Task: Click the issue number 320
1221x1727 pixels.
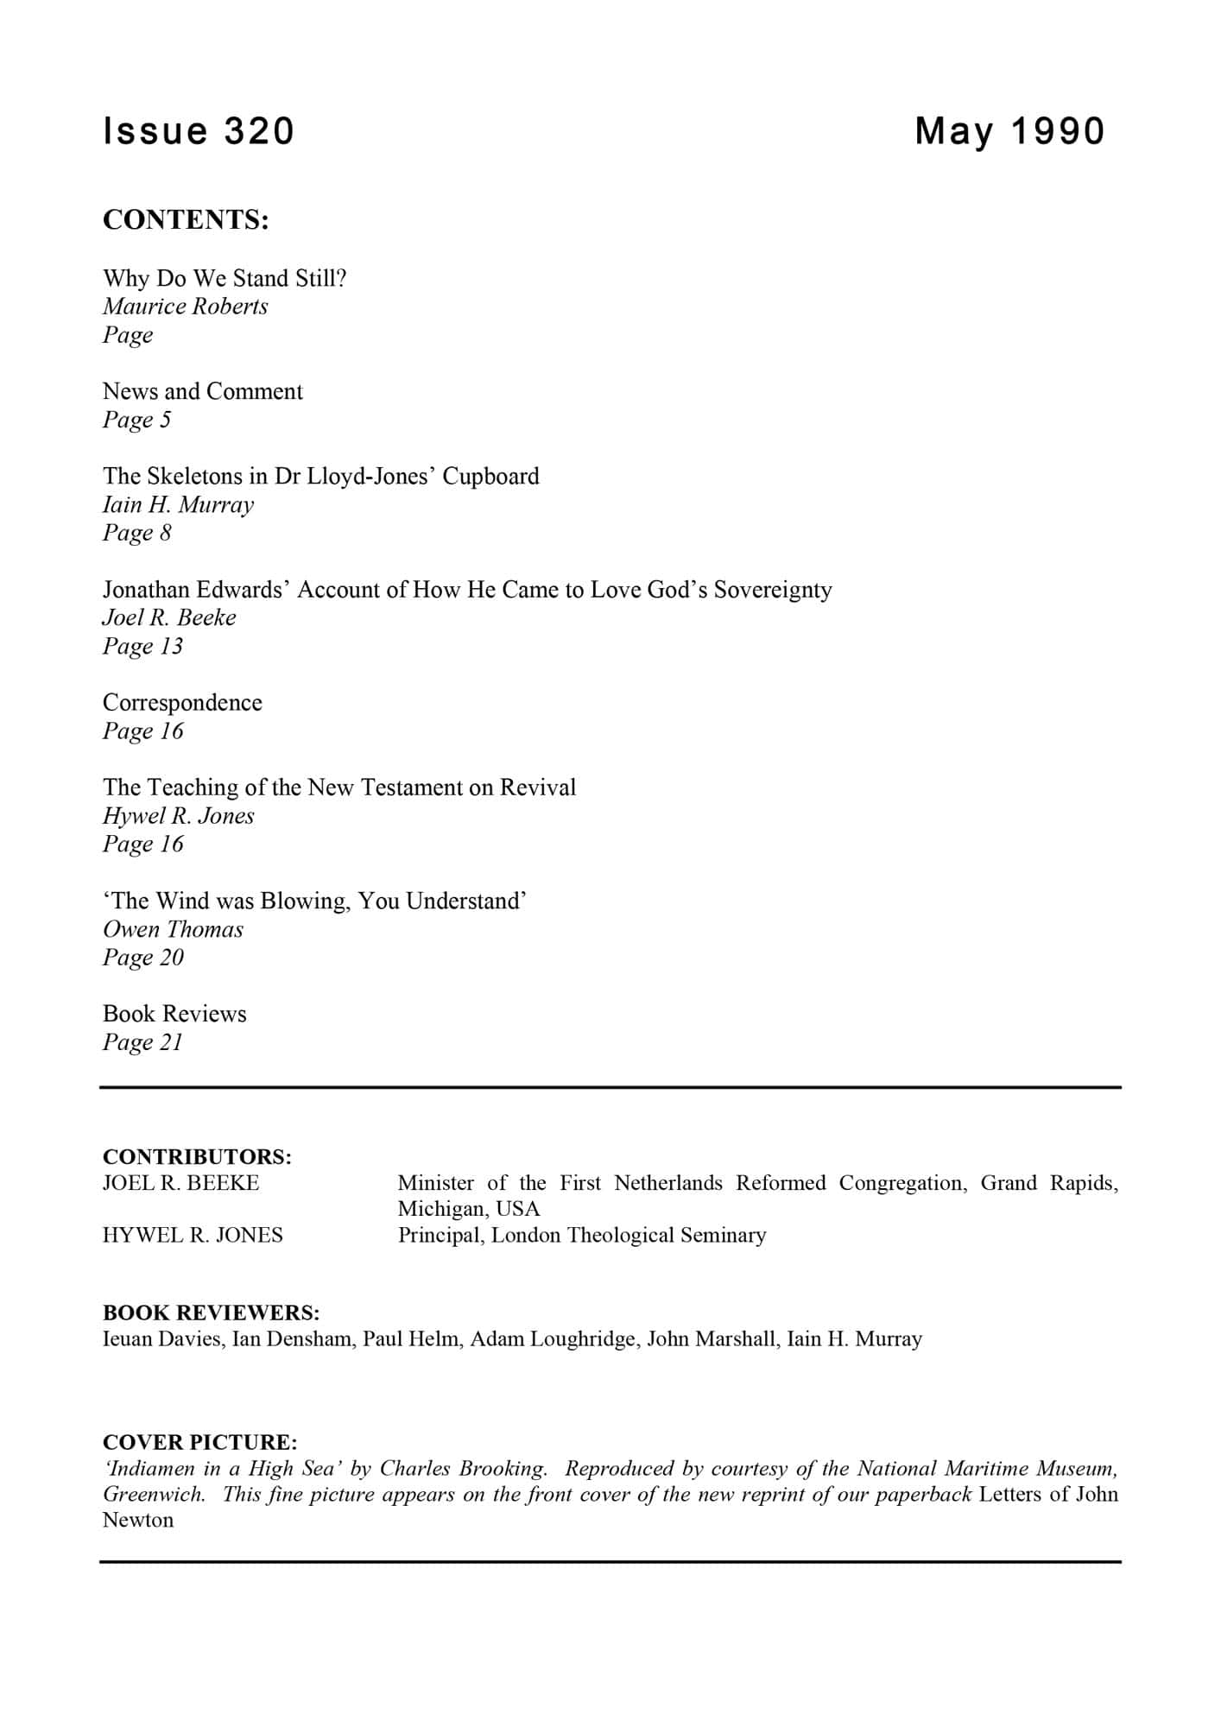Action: tap(259, 131)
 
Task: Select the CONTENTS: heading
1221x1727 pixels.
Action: tap(186, 220)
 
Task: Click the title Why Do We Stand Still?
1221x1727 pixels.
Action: tap(225, 278)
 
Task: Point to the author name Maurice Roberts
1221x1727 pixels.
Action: tap(186, 307)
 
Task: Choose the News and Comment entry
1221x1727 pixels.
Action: tap(203, 391)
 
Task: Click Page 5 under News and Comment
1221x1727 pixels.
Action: tap(137, 420)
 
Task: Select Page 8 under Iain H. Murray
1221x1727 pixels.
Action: tap(137, 533)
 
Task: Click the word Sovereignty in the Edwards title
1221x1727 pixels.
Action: tap(772, 590)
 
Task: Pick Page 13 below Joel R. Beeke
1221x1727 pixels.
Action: tap(142, 646)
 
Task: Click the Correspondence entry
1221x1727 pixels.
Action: tap(182, 703)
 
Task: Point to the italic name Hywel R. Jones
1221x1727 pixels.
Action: tap(179, 816)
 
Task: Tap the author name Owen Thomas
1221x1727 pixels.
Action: tap(173, 929)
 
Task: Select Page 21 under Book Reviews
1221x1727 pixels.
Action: tap(142, 1042)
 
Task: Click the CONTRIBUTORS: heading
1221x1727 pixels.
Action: tap(197, 1156)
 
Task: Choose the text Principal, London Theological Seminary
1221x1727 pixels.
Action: tap(582, 1235)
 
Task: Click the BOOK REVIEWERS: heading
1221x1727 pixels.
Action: tap(212, 1313)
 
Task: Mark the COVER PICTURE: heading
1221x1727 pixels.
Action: tap(200, 1442)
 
